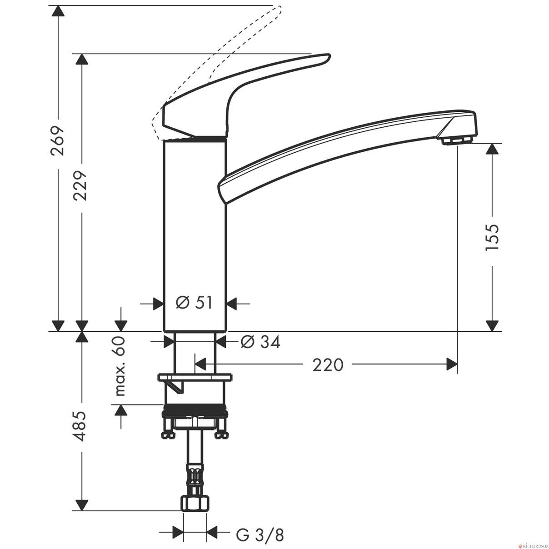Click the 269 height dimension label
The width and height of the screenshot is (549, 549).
coord(57,140)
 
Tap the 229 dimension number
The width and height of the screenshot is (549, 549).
coord(80,186)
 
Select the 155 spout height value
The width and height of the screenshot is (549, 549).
coord(492,237)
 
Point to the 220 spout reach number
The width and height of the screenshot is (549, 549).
coord(328,365)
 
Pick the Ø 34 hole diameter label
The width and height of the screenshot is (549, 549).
coord(260,341)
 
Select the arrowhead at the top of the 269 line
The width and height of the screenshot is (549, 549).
coord(58,11)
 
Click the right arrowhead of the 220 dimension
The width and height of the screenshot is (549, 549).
coord(452,364)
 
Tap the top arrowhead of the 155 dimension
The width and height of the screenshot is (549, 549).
coord(492,149)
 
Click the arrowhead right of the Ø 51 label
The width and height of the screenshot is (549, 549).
coord(232,304)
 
